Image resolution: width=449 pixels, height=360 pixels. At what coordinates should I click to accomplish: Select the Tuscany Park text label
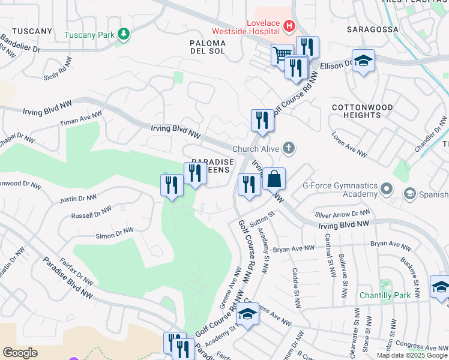(89, 35)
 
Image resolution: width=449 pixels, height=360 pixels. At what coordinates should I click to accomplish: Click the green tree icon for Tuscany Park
(124, 34)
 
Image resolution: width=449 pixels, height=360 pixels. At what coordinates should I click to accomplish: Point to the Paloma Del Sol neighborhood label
(208, 47)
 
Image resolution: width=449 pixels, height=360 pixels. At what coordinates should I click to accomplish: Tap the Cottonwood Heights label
(362, 112)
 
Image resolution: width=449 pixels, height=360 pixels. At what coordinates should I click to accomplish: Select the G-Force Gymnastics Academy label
(339, 190)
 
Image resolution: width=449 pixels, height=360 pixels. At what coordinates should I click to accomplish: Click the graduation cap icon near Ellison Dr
(363, 61)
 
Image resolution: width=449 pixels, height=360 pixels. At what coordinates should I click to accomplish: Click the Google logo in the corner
(20, 352)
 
